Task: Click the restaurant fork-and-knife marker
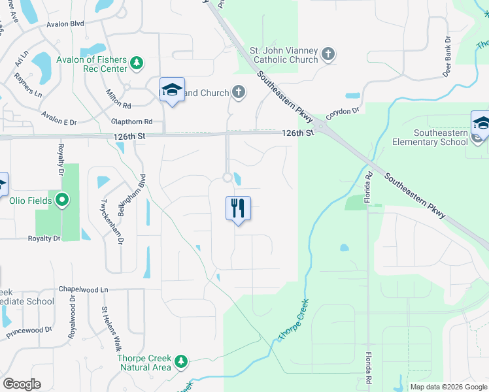pyautogui.click(x=238, y=208)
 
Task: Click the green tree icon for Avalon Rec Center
pyautogui.click(x=136, y=63)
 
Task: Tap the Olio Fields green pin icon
pyautogui.click(x=62, y=200)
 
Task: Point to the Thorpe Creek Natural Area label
pyautogui.click(x=144, y=363)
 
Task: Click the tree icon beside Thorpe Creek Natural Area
pyautogui.click(x=181, y=361)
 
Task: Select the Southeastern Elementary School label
pyautogui.click(x=430, y=137)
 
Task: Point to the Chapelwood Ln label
pyautogui.click(x=83, y=289)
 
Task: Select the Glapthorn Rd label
pyautogui.click(x=131, y=122)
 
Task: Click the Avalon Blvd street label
pyautogui.click(x=65, y=24)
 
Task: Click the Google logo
pyautogui.click(x=22, y=384)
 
